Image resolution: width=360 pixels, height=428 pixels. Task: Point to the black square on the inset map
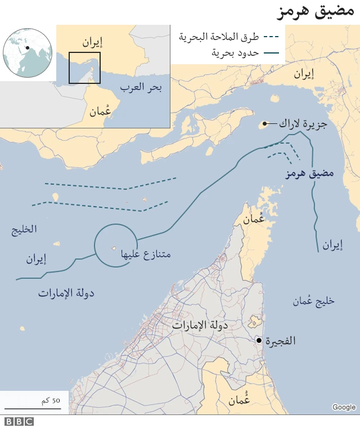[x=84, y=68]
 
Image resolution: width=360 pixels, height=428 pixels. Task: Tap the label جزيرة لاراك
[x=303, y=123]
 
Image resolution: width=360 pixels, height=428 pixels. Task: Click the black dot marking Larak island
[x=264, y=123]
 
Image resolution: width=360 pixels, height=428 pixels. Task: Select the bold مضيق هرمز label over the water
[x=309, y=173]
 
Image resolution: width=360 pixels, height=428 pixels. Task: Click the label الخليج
[x=24, y=229]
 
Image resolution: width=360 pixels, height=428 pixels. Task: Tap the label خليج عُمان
[x=313, y=301]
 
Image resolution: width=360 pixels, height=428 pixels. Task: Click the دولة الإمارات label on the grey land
[x=200, y=325]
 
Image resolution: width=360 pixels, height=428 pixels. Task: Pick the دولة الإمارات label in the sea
[x=66, y=293]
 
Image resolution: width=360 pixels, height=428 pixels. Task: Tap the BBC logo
[x=19, y=421]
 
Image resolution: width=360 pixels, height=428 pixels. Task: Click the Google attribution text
[x=344, y=407]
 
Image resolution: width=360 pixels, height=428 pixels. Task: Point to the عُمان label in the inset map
[x=100, y=111]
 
